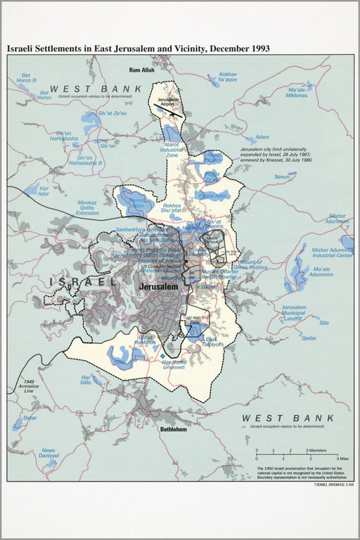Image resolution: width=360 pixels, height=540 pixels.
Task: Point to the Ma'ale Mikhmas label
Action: click(x=297, y=93)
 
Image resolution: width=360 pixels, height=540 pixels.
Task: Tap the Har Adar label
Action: click(x=44, y=190)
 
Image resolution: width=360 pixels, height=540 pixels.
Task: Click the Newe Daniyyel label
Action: click(x=48, y=454)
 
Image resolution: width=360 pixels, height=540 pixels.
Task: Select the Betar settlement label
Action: click(x=30, y=418)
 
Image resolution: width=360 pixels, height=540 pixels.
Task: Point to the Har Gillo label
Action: click(x=85, y=379)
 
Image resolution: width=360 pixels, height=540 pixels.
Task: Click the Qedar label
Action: click(x=309, y=337)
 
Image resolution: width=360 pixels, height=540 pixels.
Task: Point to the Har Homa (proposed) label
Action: click(x=174, y=364)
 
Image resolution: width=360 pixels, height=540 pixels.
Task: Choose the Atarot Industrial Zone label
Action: click(x=171, y=150)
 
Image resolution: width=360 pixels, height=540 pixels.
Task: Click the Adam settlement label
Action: click(x=262, y=138)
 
